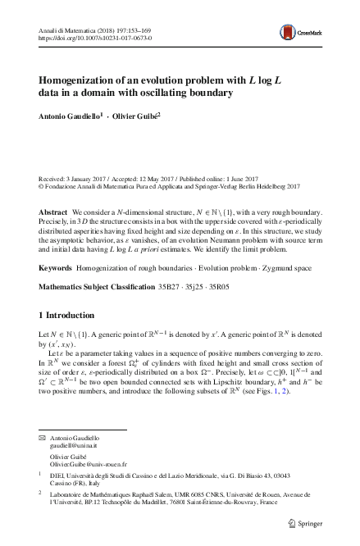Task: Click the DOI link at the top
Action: click(x=95, y=38)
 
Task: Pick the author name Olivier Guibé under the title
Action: click(x=138, y=117)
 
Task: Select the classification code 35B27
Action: click(x=166, y=287)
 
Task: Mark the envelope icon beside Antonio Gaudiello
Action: click(x=43, y=436)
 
